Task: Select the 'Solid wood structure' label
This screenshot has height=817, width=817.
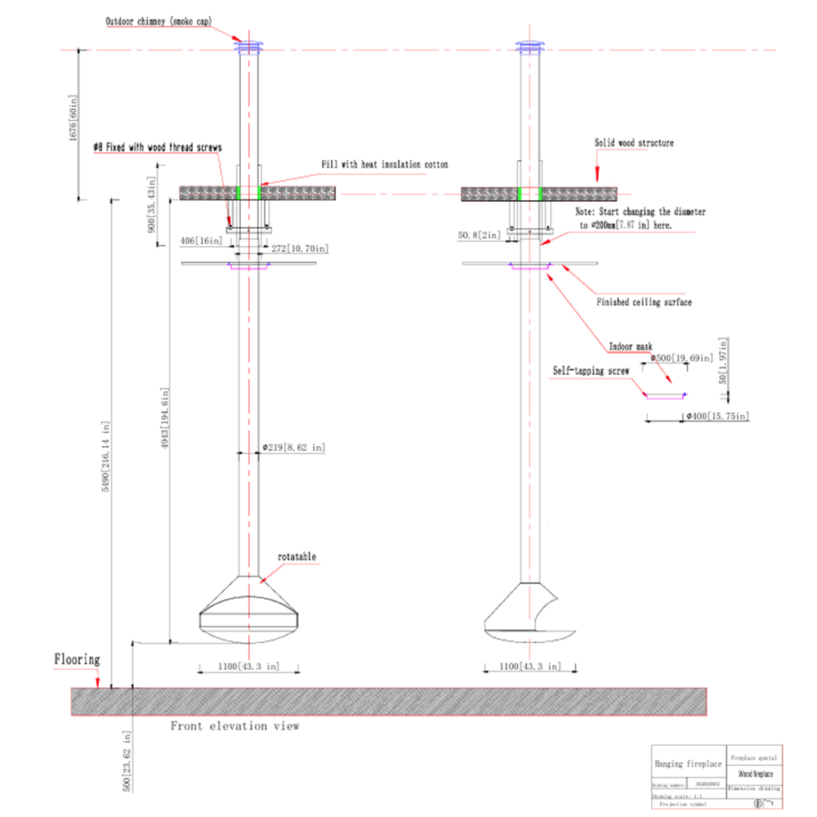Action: [x=634, y=143]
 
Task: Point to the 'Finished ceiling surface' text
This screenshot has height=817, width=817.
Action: [x=645, y=302]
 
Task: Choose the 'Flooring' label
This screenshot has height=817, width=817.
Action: [x=77, y=659]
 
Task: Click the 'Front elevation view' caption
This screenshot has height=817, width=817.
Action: [x=234, y=725]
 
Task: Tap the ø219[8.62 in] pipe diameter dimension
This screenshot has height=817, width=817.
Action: [x=293, y=448]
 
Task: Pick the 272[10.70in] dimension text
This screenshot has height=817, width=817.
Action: [x=299, y=247]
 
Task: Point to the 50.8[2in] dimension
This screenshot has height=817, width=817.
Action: [x=480, y=235]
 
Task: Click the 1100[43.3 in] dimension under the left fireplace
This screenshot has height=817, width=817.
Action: [x=248, y=667]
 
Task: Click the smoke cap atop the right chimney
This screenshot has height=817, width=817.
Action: [x=533, y=46]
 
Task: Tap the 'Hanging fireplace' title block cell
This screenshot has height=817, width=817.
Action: [x=688, y=763]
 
